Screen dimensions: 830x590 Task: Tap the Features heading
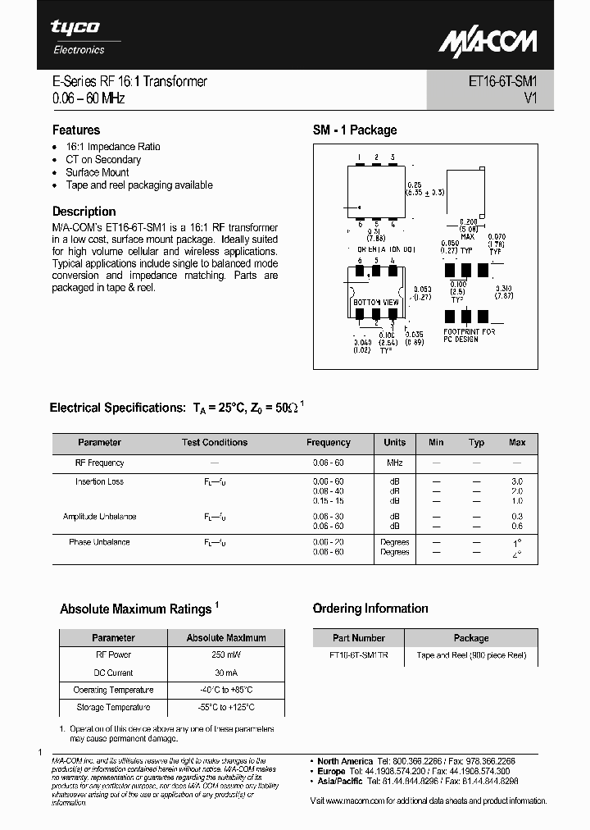point(76,130)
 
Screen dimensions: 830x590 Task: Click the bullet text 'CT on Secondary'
point(103,159)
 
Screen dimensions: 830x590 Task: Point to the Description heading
point(84,211)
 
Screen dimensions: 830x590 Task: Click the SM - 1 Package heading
point(354,130)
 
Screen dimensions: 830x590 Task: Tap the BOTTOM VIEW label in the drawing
point(375,303)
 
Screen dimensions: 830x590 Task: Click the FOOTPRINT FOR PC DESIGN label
point(469,335)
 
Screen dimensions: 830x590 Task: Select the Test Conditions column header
point(214,442)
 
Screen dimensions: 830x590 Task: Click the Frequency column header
point(328,442)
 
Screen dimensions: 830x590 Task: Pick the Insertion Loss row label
point(99,481)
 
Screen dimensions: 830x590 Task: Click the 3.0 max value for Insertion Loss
point(516,481)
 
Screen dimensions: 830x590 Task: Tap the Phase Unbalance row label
point(99,542)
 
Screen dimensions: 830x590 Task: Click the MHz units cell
point(394,463)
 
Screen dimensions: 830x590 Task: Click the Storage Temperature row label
point(112,707)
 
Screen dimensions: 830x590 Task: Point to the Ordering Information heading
point(370,609)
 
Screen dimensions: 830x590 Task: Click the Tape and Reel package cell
point(470,655)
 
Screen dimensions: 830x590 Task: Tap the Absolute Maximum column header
point(225,637)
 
